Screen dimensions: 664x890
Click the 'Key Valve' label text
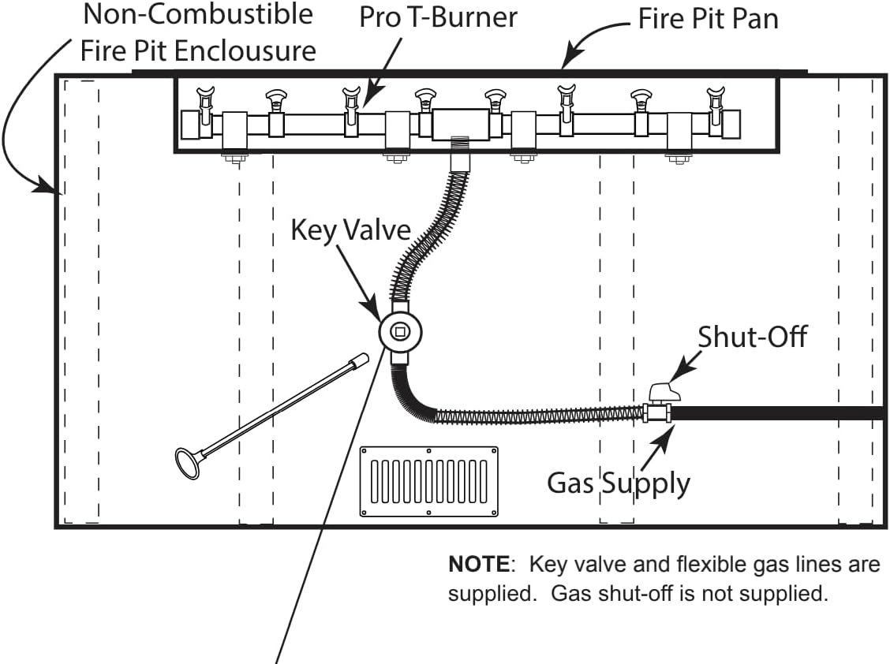[x=351, y=229]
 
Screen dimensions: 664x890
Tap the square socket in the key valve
[x=400, y=332]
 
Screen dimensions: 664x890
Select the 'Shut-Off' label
[x=752, y=337]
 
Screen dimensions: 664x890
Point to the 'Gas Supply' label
[x=618, y=482]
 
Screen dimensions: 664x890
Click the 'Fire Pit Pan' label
[x=708, y=18]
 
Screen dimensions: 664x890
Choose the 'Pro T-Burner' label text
[x=438, y=17]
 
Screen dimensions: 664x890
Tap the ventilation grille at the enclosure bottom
[x=428, y=481]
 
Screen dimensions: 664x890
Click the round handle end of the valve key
[x=187, y=463]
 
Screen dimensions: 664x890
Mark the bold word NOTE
[x=478, y=565]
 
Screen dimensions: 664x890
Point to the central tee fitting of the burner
[x=461, y=124]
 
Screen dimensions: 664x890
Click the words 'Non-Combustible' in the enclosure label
[x=197, y=14]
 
